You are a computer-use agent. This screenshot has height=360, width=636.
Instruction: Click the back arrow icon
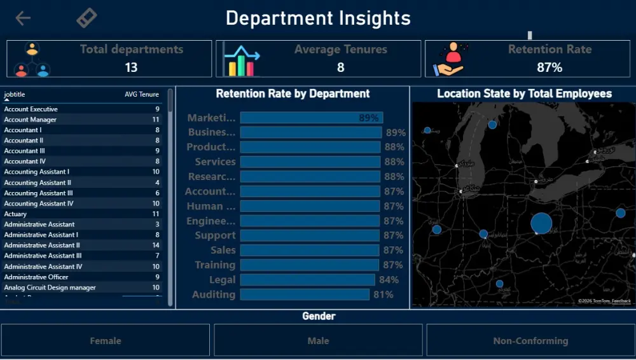[x=23, y=18]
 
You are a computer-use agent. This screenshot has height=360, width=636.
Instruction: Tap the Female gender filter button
[x=106, y=340]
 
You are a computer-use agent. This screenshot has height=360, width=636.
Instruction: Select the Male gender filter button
[x=318, y=340]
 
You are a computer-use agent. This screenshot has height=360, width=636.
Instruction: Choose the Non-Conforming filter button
[x=530, y=340]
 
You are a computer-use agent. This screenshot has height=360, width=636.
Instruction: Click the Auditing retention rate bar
[x=305, y=294]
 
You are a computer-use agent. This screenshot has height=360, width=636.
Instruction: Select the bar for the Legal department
[x=307, y=280]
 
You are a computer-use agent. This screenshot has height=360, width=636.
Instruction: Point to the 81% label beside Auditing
[x=384, y=294]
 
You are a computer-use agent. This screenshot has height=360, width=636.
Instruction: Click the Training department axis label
[x=215, y=265]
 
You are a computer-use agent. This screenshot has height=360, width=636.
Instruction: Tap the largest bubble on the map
[x=541, y=223]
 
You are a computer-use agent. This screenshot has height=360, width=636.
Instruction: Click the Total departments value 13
[x=131, y=67]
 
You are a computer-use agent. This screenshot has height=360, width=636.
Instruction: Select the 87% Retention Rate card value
[x=550, y=67]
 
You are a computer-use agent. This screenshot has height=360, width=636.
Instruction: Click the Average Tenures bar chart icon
[x=242, y=60]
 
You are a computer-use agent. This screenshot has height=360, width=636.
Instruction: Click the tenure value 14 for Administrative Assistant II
[x=156, y=245]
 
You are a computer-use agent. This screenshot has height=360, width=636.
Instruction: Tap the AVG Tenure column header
[x=141, y=94]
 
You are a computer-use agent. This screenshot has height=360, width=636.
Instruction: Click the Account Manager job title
[x=30, y=120]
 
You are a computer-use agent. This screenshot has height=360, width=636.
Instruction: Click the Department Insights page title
[x=318, y=18]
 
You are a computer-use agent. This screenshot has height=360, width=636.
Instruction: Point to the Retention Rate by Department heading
[x=293, y=93]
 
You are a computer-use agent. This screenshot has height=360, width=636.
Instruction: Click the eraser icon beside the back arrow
[x=86, y=18]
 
